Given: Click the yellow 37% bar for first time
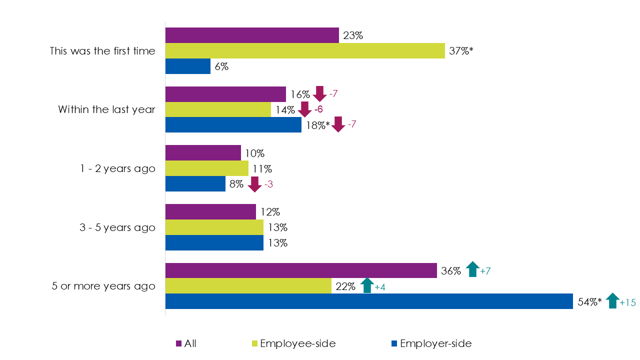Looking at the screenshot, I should coord(305,51).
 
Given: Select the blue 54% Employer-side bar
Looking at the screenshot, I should coord(369,301).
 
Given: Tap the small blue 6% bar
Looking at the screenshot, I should coord(187,66).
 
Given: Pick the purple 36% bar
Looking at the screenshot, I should coord(301,270).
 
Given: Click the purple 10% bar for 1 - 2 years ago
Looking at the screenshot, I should coord(203,153).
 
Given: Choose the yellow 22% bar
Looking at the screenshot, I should coord(248,286).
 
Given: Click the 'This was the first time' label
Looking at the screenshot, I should coord(102,51).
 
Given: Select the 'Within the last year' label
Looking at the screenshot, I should coord(106,109).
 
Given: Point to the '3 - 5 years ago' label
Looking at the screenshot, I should coord(117,227).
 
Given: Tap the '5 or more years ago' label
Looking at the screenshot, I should coord(103,286).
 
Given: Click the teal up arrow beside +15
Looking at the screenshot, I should coord(612,300).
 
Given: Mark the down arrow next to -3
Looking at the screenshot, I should coord(255,184).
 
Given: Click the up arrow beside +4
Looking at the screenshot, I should coord(367,285).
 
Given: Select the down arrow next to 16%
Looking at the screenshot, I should coord(320,93).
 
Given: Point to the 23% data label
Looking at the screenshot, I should coord(352,35).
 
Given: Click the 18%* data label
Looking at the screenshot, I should coord(316,125).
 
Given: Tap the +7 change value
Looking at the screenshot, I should coord(486,271).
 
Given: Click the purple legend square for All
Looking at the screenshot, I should coord(178,343).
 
